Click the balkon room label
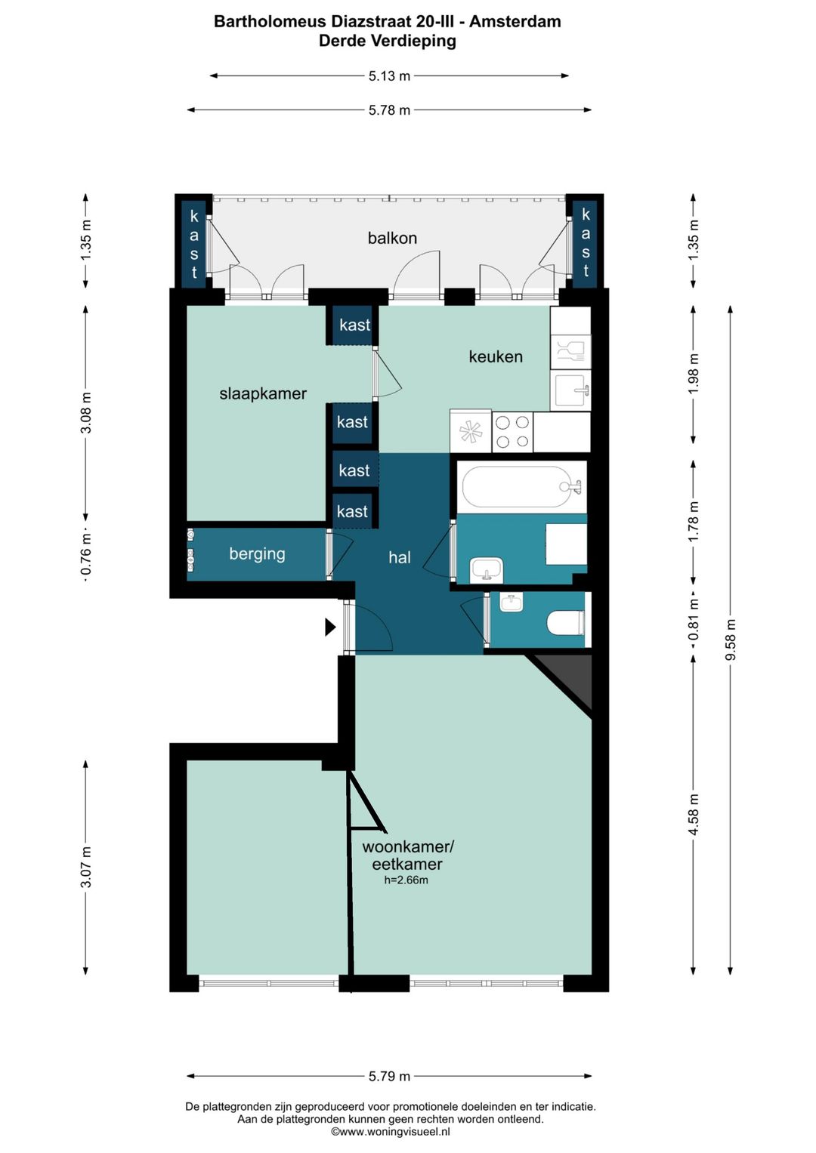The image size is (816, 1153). (x=392, y=239)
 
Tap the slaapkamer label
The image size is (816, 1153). (x=263, y=393)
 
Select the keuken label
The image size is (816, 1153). (x=496, y=356)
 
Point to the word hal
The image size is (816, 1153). (x=400, y=557)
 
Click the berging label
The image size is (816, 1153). (x=257, y=554)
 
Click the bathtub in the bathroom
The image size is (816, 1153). (x=521, y=487)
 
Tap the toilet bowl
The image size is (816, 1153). (x=565, y=622)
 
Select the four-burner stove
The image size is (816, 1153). (x=512, y=431)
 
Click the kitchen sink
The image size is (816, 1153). (x=570, y=390)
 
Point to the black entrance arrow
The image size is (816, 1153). (x=330, y=627)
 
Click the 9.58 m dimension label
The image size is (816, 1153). (x=731, y=640)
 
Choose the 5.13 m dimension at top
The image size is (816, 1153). (x=389, y=76)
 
